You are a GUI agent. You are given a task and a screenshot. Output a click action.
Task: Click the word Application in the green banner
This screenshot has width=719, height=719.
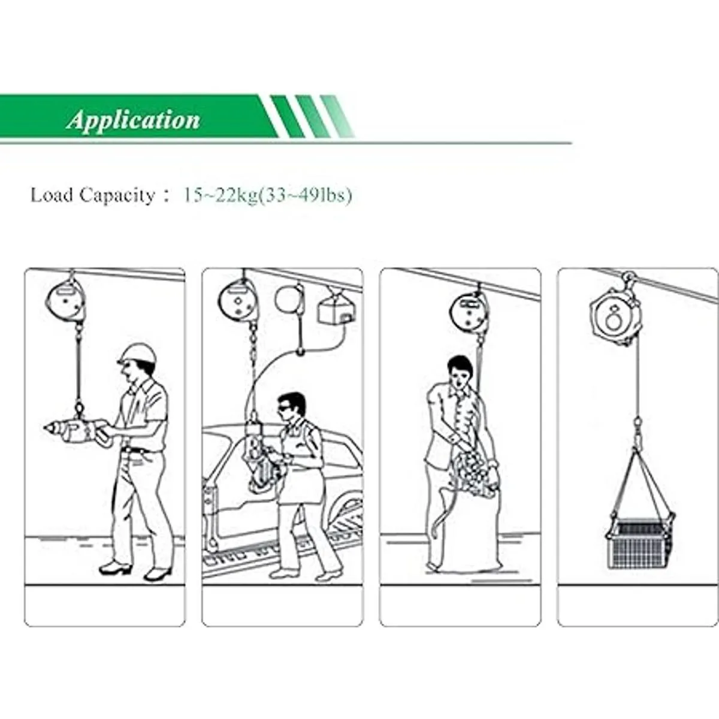coord(133,120)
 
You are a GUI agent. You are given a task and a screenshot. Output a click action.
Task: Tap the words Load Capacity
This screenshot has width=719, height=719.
coord(92,195)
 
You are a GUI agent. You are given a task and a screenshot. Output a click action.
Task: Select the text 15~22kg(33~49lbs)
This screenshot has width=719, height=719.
coord(268,195)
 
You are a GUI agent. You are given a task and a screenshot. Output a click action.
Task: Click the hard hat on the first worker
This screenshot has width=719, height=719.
coord(138,354)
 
